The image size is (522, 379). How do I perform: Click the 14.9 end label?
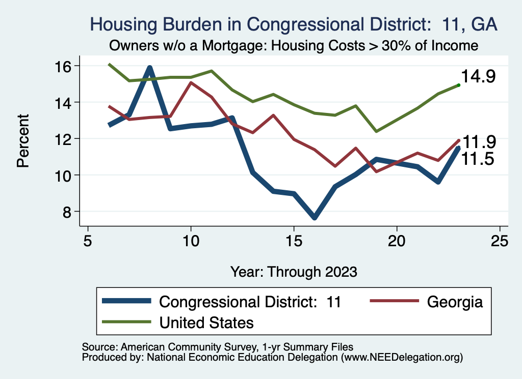tap(479, 77)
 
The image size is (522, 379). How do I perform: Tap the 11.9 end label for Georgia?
tap(479, 142)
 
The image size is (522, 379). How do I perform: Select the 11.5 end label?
tap(479, 159)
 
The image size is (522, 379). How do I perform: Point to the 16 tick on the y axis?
tap(64, 66)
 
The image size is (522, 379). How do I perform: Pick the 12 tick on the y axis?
tap(64, 138)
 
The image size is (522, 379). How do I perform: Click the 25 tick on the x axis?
tap(500, 241)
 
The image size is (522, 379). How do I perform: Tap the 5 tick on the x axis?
tap(88, 241)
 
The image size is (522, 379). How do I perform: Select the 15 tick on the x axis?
tap(293, 241)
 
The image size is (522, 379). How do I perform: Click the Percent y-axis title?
tap(23, 141)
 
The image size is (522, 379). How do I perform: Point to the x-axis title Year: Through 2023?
tap(294, 271)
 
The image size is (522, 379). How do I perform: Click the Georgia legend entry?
tap(455, 302)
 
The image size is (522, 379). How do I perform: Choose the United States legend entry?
tap(206, 322)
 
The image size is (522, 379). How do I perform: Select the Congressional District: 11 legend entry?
tap(250, 302)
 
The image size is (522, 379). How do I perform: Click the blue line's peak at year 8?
tap(150, 68)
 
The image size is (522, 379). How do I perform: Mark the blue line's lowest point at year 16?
tap(314, 217)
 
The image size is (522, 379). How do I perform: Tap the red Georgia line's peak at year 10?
tap(191, 82)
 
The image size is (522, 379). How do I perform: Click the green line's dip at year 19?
tap(376, 131)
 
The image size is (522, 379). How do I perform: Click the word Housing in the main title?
tap(122, 24)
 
